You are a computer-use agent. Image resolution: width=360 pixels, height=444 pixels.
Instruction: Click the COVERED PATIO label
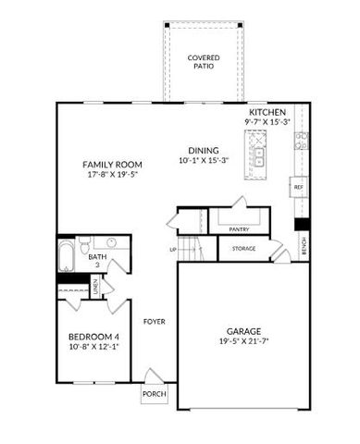tap(203, 62)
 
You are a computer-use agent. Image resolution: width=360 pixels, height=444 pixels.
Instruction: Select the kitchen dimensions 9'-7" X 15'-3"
tap(267, 122)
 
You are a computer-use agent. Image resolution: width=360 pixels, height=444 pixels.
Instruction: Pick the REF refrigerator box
tap(299, 187)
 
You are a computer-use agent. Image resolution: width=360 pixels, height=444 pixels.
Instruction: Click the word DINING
tap(204, 149)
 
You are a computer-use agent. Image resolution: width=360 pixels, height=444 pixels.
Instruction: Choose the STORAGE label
tap(243, 248)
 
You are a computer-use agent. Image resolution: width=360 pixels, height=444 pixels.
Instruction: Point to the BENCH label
tap(304, 245)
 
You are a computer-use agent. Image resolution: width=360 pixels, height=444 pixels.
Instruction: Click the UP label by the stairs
tap(173, 250)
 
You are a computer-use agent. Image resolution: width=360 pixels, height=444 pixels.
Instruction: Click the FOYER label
tap(154, 322)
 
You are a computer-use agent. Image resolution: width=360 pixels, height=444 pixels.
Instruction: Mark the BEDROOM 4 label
tap(93, 337)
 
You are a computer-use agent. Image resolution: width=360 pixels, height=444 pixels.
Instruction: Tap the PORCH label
tap(154, 393)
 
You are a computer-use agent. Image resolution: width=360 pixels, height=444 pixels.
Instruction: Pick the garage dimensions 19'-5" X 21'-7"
tap(244, 341)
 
